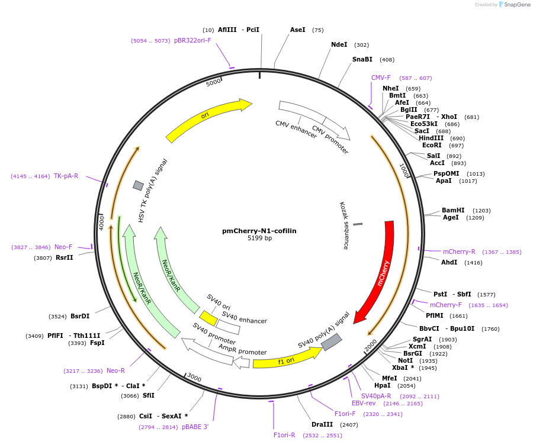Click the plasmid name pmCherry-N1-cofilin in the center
[x=259, y=231]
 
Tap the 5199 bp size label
[x=259, y=238]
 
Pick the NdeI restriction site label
[x=339, y=44]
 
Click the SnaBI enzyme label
[x=362, y=59]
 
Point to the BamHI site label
[x=453, y=210]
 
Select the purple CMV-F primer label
[x=381, y=78]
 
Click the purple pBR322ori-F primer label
[x=192, y=40]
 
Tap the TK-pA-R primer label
[x=66, y=176]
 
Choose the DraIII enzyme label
[x=322, y=424]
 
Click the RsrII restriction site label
[x=65, y=257]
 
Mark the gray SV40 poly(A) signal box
[x=331, y=341]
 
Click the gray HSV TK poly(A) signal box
[x=138, y=185]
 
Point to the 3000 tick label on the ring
[x=195, y=378]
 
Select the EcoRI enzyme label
[x=432, y=145]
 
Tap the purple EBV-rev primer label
[x=364, y=403]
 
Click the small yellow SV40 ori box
[x=208, y=318]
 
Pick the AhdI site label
[x=449, y=262]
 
